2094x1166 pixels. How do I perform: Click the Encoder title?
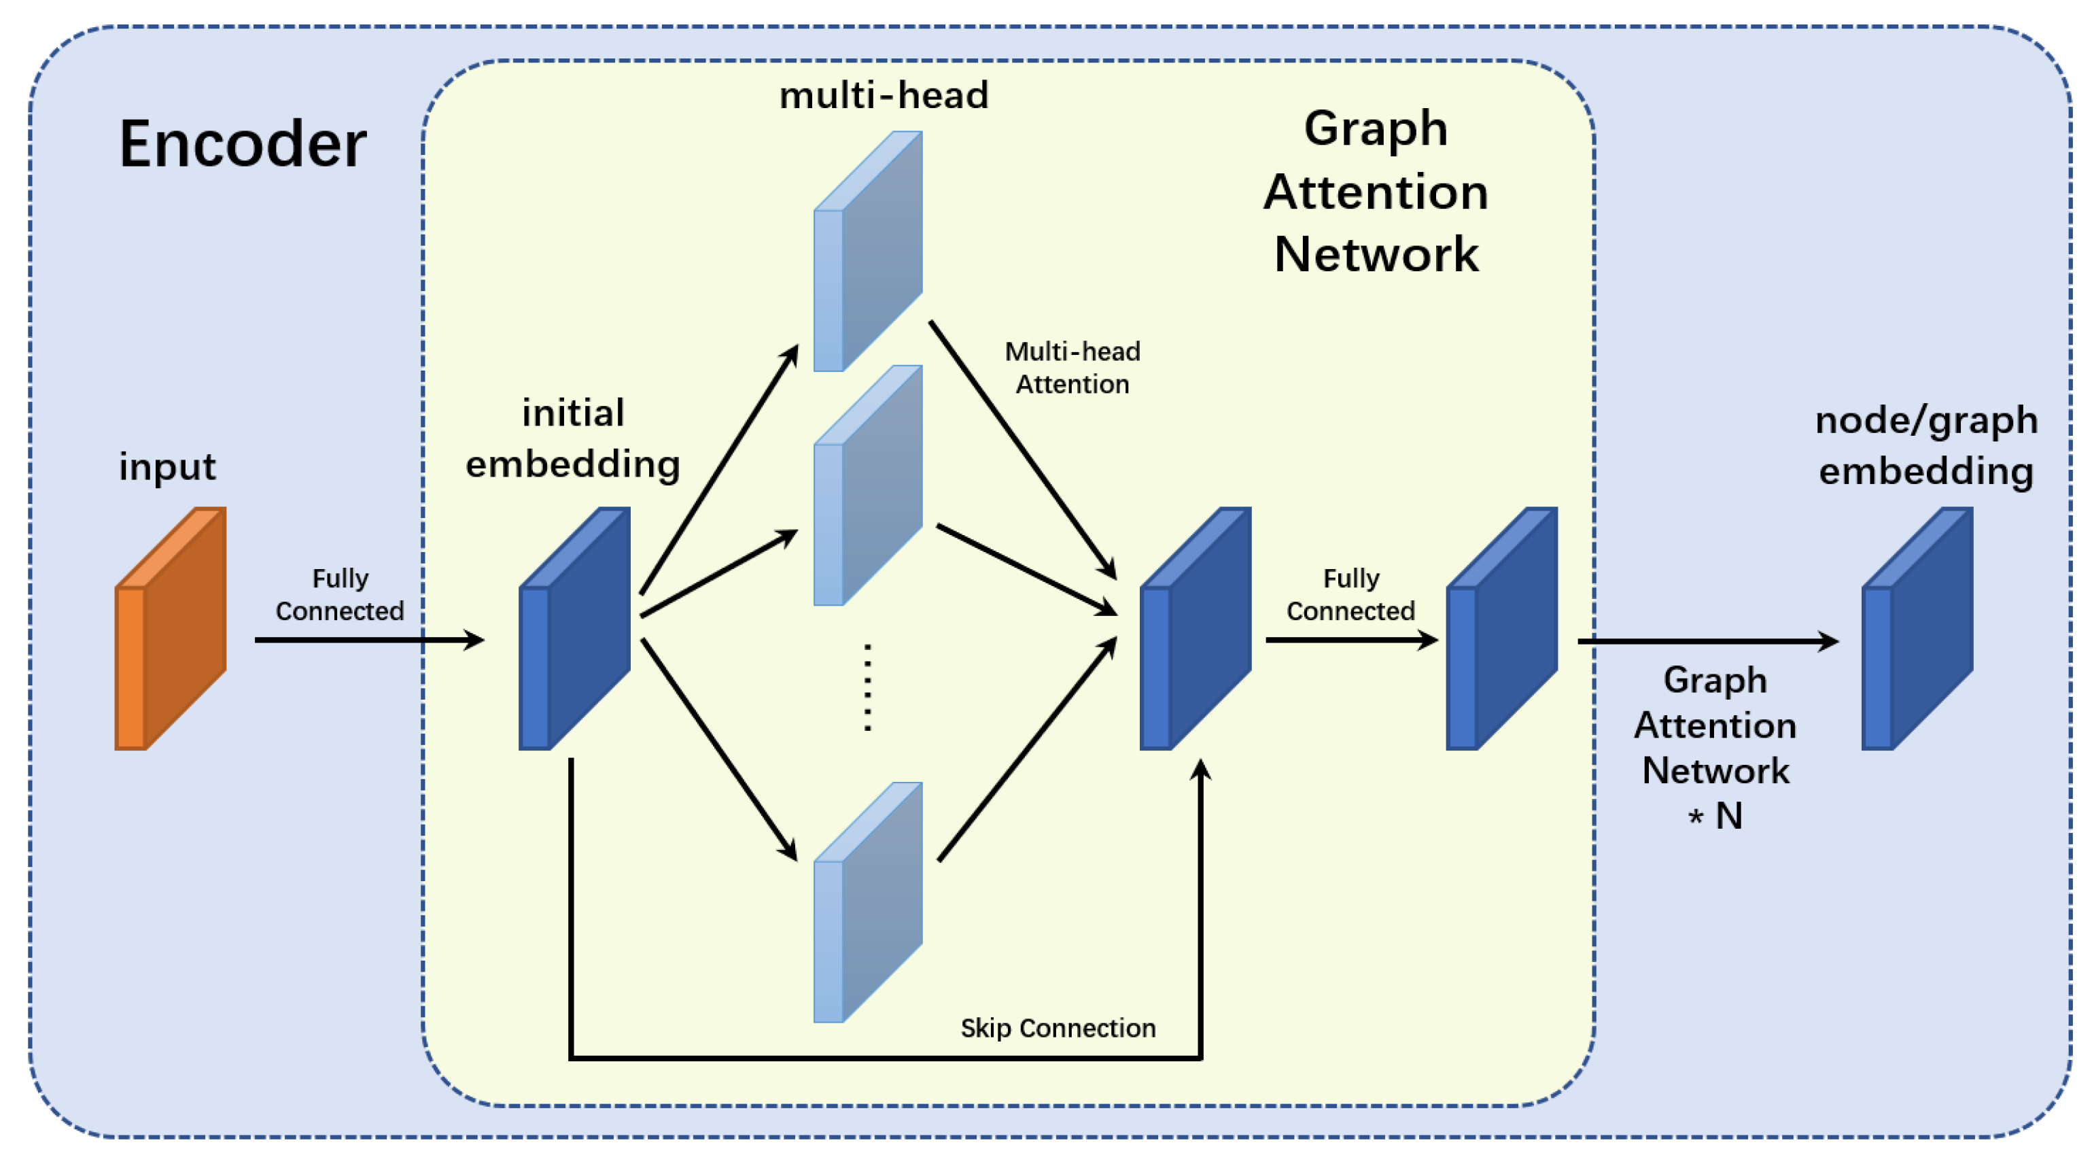point(242,145)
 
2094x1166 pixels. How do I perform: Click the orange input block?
point(171,628)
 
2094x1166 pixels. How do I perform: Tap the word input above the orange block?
point(167,466)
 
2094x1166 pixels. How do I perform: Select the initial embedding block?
point(575,628)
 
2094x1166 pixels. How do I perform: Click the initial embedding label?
point(573,439)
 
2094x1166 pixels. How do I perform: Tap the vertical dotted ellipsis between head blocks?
point(867,688)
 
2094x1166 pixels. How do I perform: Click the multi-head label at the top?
point(884,96)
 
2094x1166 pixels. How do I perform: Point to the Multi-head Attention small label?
point(1072,368)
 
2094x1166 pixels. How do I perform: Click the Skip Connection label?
point(1058,1028)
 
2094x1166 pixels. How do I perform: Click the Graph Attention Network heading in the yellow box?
point(1376,192)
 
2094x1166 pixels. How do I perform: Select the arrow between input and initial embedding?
point(370,640)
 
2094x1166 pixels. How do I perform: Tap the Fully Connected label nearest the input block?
point(340,594)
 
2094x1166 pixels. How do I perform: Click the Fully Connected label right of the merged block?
point(1350,594)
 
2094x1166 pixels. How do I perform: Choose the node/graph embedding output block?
point(1917,628)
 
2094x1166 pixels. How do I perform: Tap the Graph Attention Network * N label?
point(1715,747)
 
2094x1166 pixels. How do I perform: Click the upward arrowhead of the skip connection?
point(1201,769)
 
